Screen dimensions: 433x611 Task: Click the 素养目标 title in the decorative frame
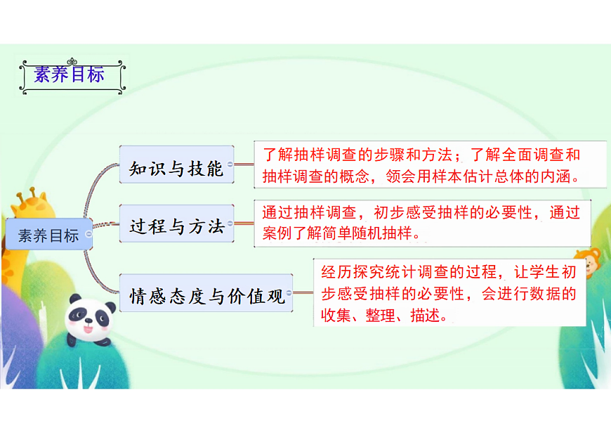coord(70,74)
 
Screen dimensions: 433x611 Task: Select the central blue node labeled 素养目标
coord(48,235)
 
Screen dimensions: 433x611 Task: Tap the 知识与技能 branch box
coord(176,169)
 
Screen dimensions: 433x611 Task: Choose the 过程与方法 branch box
coord(176,226)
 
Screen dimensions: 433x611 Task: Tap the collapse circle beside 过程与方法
coord(230,222)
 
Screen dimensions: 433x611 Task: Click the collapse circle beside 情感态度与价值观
coord(289,292)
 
